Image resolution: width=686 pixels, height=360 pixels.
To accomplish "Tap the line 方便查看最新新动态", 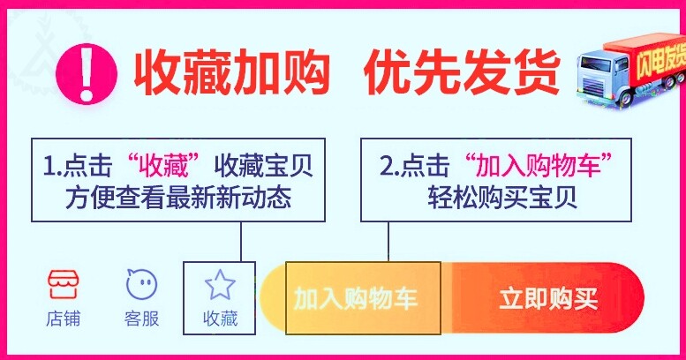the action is pyautogui.click(x=177, y=198).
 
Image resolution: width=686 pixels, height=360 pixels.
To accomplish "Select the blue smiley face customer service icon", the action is pyautogui.click(x=141, y=284).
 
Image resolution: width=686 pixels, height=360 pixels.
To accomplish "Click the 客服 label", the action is pyautogui.click(x=141, y=319).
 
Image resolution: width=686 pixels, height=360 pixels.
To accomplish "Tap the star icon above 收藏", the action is pyautogui.click(x=220, y=284).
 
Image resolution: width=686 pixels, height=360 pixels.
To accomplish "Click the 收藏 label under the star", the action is pyautogui.click(x=220, y=319).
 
